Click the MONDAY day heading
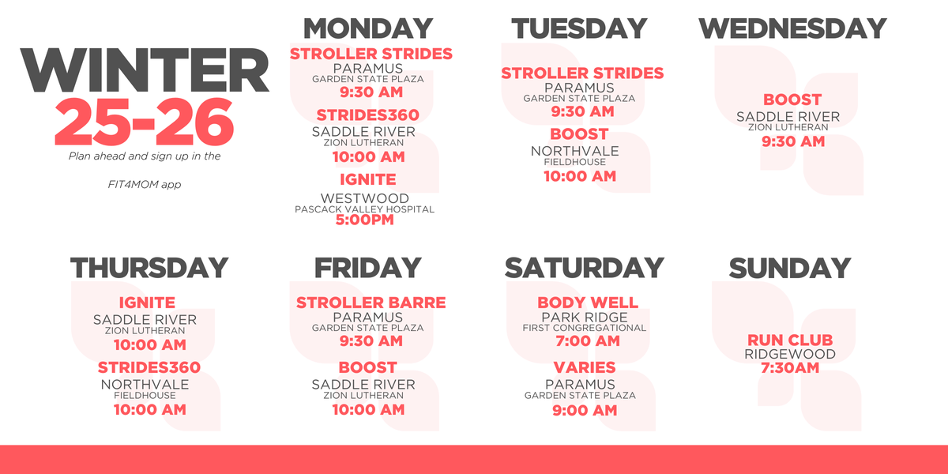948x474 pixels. (x=368, y=28)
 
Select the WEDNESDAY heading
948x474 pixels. (x=792, y=28)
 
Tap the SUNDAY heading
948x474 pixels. (x=790, y=268)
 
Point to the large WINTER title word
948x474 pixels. (x=145, y=70)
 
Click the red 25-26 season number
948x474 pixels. (x=144, y=122)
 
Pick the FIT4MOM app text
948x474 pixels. (x=145, y=185)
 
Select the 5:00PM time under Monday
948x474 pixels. (x=365, y=220)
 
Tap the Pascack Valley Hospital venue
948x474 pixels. (x=364, y=209)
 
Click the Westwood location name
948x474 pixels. (x=365, y=198)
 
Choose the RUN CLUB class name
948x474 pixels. (x=790, y=340)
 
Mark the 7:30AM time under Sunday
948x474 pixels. (x=790, y=368)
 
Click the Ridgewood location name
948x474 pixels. (x=790, y=354)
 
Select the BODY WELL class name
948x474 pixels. (x=588, y=303)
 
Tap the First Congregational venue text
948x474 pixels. (x=585, y=328)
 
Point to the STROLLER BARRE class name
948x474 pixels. (x=371, y=303)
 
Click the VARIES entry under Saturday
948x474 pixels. (x=585, y=367)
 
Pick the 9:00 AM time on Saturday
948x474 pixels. (x=585, y=410)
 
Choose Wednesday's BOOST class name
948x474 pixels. (x=792, y=100)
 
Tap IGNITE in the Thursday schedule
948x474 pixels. (x=147, y=303)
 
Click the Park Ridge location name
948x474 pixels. (x=585, y=317)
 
